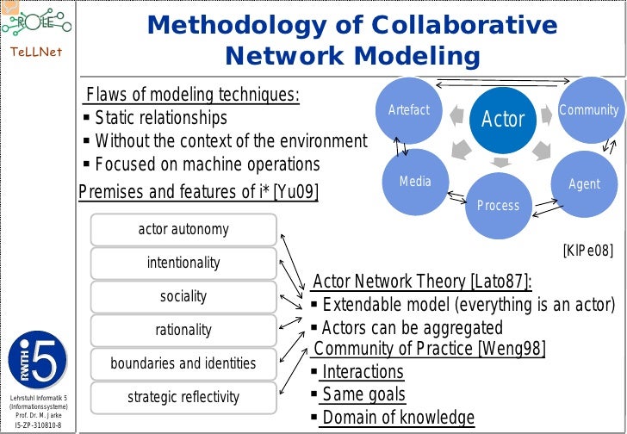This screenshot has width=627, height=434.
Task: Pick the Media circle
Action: pos(414,182)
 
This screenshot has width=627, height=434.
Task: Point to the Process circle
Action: pos(498,205)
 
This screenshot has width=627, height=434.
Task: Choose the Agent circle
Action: pos(584,184)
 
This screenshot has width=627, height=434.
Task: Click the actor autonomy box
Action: pos(183,230)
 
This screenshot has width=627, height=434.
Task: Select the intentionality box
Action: pos(183,263)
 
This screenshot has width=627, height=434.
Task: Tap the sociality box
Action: pos(183,296)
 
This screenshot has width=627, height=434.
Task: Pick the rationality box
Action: pos(183,330)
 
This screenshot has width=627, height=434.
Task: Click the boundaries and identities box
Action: pos(183,363)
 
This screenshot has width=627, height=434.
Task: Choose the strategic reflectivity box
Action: pos(183,397)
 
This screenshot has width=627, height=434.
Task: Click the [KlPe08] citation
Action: pos(587,251)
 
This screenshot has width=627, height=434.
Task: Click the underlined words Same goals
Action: pos(363,395)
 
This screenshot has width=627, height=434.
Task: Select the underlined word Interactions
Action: pos(362,372)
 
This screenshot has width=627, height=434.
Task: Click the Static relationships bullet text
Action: pos(160,118)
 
